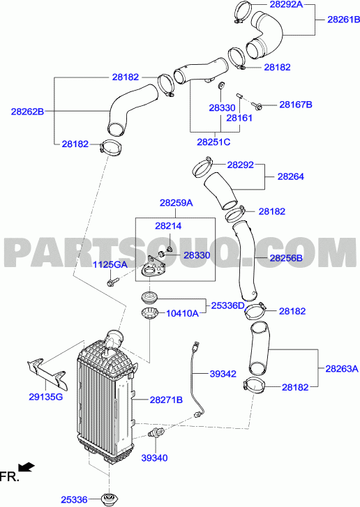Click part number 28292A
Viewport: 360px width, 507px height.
[286, 4]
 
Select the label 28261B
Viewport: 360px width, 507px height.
[343, 20]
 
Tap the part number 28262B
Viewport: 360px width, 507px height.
[27, 112]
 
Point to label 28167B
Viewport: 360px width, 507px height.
[296, 105]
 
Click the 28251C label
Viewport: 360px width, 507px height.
[213, 142]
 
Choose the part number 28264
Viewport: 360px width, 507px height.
[291, 176]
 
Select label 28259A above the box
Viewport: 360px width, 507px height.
[176, 203]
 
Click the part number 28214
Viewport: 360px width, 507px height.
[168, 226]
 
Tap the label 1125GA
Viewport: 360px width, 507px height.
[110, 265]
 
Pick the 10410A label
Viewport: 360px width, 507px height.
[182, 313]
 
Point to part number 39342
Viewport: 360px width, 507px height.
[223, 374]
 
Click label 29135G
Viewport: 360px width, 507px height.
[45, 397]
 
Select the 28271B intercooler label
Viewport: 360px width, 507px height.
[166, 400]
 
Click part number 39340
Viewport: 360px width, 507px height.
[155, 458]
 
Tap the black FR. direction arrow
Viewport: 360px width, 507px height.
[27, 467]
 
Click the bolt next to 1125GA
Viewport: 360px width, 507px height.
[112, 281]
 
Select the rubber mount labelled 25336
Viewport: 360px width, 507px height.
[109, 499]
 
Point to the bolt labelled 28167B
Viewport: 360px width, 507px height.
[257, 105]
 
